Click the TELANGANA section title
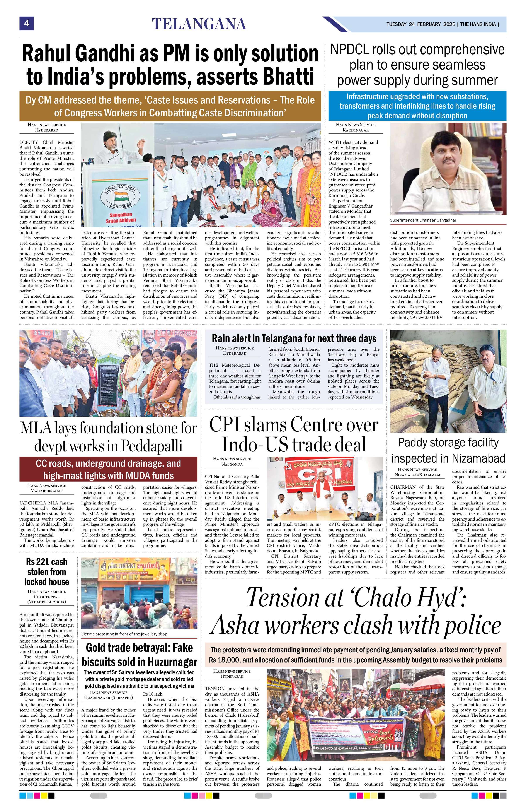[199, 24]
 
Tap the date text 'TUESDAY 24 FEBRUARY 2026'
[421, 25]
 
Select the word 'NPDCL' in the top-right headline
[354, 50]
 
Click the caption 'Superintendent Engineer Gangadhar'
[423, 220]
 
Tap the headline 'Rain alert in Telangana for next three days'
[294, 338]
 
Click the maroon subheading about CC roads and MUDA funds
[108, 469]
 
